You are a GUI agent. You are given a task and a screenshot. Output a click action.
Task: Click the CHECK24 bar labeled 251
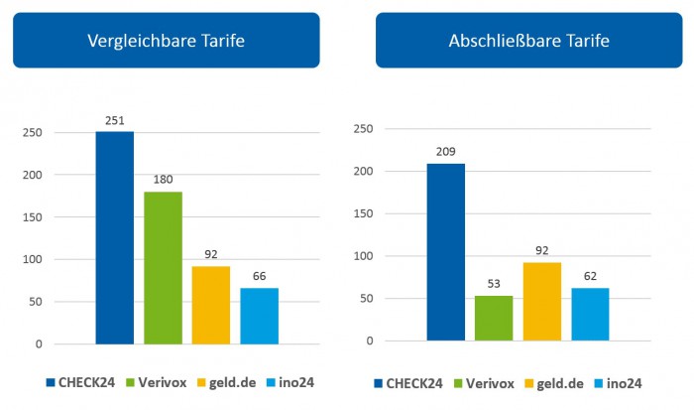[x=115, y=238]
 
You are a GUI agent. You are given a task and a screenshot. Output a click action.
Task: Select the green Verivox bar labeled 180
[x=163, y=268]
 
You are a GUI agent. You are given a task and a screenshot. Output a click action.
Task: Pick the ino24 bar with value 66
[x=260, y=316]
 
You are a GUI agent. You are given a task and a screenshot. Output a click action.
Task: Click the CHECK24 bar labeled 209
[x=445, y=252]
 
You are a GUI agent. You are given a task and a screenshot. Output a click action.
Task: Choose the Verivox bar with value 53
[x=494, y=318]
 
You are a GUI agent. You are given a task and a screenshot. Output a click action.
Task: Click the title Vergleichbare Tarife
[x=167, y=41]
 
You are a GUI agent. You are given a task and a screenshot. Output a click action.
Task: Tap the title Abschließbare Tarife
[x=528, y=41]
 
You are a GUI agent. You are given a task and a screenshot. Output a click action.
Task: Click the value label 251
[x=115, y=122]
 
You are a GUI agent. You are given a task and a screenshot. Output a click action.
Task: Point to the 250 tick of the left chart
[x=34, y=132]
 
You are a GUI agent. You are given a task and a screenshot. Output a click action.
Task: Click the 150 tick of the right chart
[x=362, y=213]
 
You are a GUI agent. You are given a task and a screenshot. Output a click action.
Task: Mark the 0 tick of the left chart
[x=39, y=344]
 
